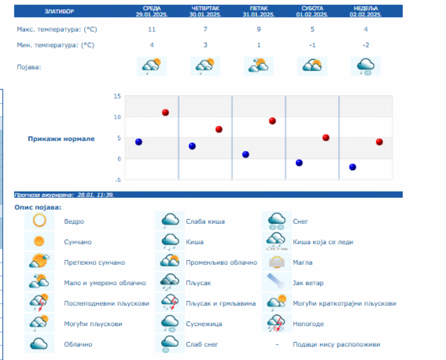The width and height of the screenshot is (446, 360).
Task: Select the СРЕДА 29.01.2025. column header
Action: click(152, 11)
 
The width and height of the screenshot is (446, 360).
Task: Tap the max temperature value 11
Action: click(152, 29)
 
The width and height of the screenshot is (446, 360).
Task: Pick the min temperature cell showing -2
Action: click(365, 45)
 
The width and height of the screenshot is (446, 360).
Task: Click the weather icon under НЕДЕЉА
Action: click(366, 66)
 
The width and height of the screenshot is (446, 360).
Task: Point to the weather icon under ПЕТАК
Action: click(259, 66)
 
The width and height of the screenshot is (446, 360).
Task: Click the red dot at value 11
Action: click(166, 113)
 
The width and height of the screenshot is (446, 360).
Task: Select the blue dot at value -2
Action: click(353, 167)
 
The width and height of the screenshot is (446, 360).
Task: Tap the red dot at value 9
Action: click(272, 121)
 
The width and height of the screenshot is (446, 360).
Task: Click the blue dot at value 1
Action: click(246, 154)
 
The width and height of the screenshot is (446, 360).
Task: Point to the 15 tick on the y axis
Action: click(117, 96)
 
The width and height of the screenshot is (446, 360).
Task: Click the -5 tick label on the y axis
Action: click(117, 180)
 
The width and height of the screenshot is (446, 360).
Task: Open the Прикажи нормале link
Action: click(61, 139)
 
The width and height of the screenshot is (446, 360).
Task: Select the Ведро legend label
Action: click(74, 222)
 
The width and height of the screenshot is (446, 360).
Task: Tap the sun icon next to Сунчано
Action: click(39, 242)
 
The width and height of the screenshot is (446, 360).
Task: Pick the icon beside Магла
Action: click(277, 262)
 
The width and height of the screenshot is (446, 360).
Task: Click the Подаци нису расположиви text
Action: click(336, 345)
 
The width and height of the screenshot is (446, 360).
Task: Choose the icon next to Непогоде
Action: click(277, 324)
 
